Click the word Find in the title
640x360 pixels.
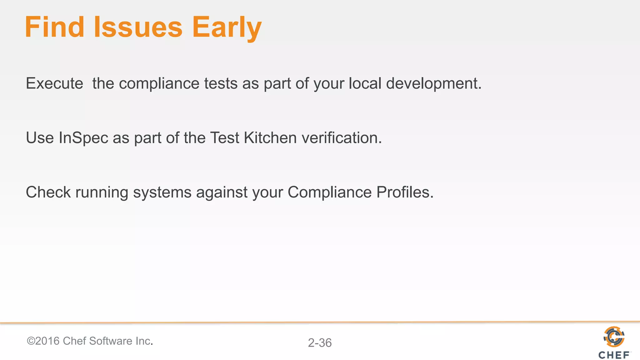[55, 27]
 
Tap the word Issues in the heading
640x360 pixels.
[138, 27]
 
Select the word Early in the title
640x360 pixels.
[227, 28]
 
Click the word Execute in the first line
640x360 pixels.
[54, 83]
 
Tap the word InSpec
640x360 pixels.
[83, 138]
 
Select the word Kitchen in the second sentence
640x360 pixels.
[270, 138]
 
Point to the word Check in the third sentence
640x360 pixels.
[48, 192]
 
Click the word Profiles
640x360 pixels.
[405, 192]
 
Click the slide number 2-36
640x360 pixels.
[320, 343]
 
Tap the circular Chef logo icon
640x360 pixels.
[614, 337]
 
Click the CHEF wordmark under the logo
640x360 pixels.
[614, 355]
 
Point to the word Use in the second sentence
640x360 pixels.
[40, 138]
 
